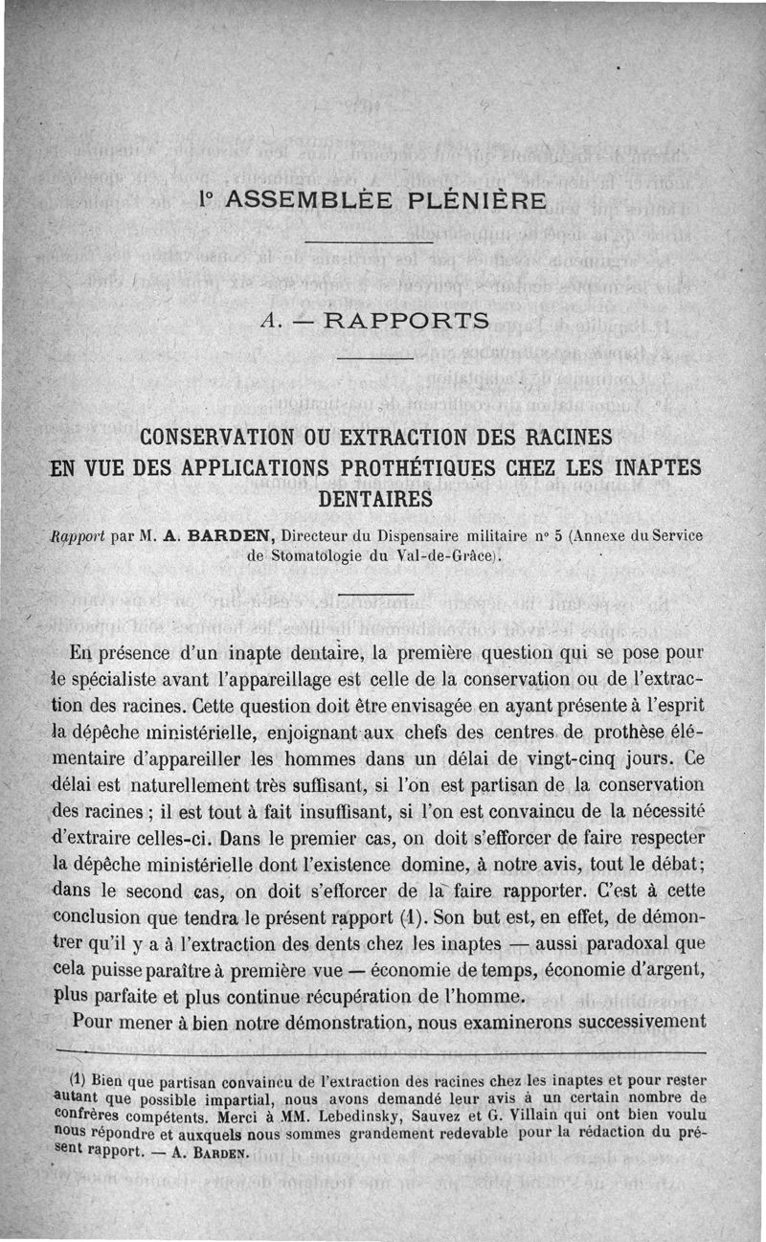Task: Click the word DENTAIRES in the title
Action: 375,500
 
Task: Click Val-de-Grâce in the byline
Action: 455,555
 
